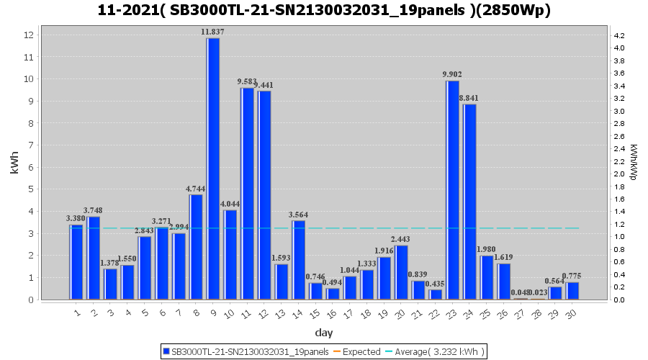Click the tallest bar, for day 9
tap(213, 169)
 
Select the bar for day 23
tap(452, 190)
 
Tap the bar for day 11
tap(247, 194)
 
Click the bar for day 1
tap(76, 262)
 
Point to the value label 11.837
tap(213, 32)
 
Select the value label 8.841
tap(469, 98)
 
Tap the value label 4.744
tap(196, 189)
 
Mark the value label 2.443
tap(401, 239)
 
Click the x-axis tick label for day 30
tap(570, 314)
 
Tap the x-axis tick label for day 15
tap(314, 314)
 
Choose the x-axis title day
tap(323, 333)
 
